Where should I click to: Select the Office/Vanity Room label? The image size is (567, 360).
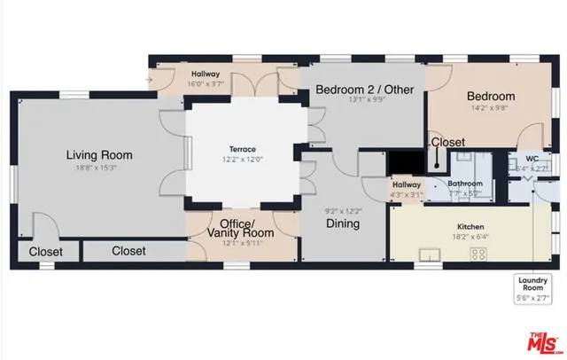pos(237,227)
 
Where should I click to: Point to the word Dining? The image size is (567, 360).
pos(342,223)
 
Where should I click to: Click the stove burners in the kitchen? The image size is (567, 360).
pos(479,254)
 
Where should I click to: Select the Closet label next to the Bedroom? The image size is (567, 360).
pos(447,142)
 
